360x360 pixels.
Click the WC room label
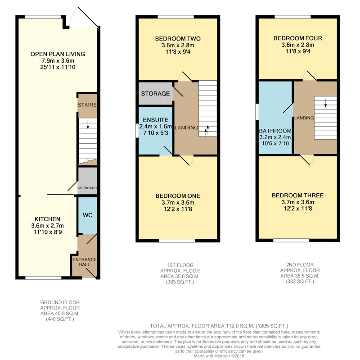click(87, 215)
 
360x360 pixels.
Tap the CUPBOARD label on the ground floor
click(87, 188)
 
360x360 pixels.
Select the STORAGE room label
click(155, 94)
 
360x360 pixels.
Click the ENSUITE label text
click(155, 120)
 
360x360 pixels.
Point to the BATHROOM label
click(275, 131)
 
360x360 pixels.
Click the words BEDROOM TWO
click(178, 39)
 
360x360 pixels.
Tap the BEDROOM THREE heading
click(297, 196)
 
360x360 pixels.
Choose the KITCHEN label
click(48, 219)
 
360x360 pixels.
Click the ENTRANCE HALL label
click(85, 262)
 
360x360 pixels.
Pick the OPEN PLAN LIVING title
click(58, 54)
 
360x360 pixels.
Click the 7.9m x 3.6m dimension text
click(58, 61)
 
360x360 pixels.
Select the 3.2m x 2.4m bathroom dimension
click(275, 137)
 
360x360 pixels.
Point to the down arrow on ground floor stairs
click(87, 126)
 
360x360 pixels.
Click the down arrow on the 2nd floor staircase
click(325, 104)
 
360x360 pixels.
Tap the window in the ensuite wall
click(137, 131)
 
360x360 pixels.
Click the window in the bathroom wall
click(257, 112)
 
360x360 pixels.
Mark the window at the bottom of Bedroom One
click(177, 241)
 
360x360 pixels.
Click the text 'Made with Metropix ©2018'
click(219, 356)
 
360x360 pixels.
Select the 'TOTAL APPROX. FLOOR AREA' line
click(219, 326)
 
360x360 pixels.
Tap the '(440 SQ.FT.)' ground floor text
click(60, 319)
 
